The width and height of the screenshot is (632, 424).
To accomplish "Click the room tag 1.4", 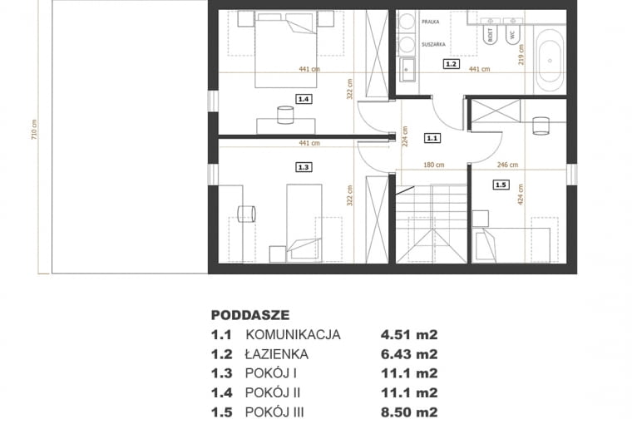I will [x=303, y=98].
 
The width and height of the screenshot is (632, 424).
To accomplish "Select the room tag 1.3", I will [x=303, y=167].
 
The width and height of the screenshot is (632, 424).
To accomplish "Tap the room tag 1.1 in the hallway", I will [x=431, y=138].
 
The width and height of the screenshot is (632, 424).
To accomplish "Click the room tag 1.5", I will [x=500, y=185].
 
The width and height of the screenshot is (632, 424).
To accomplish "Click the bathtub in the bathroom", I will [x=550, y=61].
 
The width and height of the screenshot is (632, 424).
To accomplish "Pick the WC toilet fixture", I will [x=512, y=34].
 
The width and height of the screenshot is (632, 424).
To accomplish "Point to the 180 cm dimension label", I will [x=432, y=165].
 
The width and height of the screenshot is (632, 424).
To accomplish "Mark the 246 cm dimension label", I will [x=508, y=165].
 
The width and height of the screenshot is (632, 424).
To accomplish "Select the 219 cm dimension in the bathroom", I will [x=521, y=55].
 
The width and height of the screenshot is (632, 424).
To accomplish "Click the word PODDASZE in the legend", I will [x=250, y=315].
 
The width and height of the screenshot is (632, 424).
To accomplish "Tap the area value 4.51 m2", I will [x=409, y=335].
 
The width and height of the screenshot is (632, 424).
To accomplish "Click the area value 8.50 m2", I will [x=409, y=411].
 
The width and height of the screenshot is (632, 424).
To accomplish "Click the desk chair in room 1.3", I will [x=246, y=214].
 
